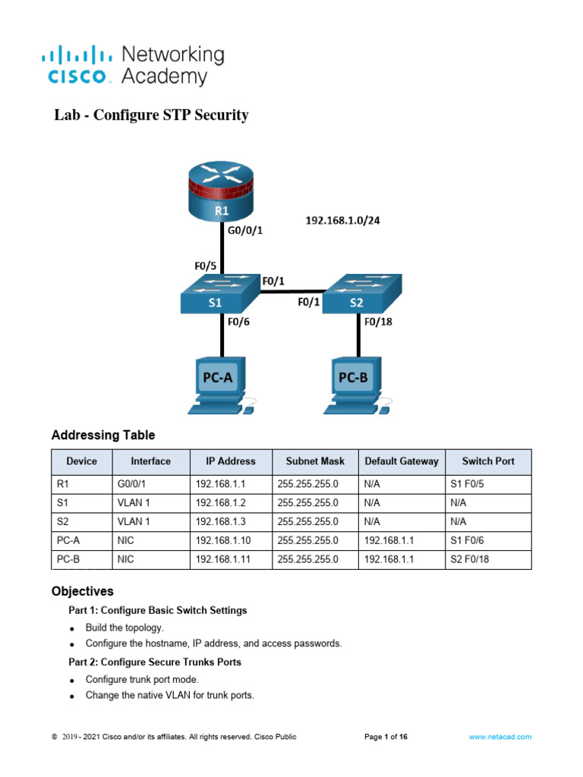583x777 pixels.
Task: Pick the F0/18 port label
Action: pyautogui.click(x=378, y=322)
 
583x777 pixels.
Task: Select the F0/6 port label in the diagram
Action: pyautogui.click(x=239, y=322)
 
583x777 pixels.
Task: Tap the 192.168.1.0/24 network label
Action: pyautogui.click(x=342, y=221)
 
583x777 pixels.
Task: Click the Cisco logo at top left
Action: pyautogui.click(x=80, y=64)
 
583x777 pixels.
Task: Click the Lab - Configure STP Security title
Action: pyautogui.click(x=151, y=115)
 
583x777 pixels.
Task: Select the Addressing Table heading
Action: pyautogui.click(x=102, y=436)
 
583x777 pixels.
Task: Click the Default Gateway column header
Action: pyautogui.click(x=401, y=461)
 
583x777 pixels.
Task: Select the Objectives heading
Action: pyautogui.click(x=82, y=590)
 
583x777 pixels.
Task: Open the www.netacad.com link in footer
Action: pyautogui.click(x=499, y=737)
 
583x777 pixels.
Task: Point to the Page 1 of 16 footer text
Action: pyautogui.click(x=386, y=737)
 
